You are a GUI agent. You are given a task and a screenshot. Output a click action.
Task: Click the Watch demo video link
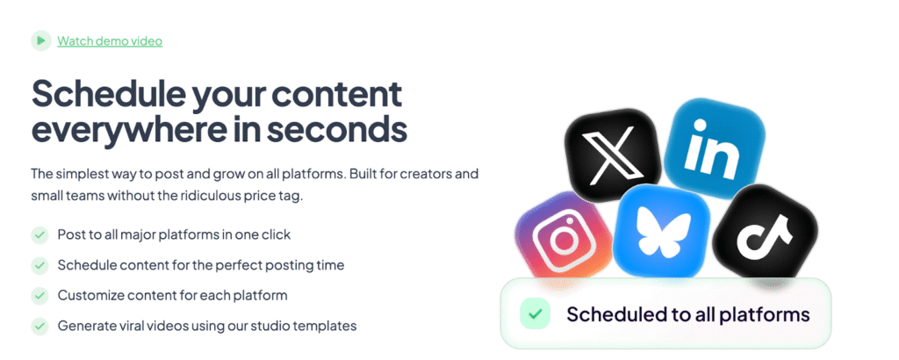[x=110, y=41]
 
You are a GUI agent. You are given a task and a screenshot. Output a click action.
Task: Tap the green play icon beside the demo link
[x=40, y=40]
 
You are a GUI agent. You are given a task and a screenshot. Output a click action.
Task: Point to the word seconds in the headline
[x=336, y=130]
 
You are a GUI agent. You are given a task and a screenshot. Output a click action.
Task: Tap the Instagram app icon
[x=565, y=235]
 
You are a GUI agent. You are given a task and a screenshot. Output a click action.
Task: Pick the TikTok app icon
[x=765, y=233]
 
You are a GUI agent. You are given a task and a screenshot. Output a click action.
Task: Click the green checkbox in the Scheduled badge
[x=535, y=314]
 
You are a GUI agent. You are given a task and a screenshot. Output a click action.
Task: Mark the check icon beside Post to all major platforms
[x=40, y=235]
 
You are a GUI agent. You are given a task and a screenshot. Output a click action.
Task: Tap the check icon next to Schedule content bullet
[x=40, y=265]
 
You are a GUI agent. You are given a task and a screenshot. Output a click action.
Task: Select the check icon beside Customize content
[x=40, y=296]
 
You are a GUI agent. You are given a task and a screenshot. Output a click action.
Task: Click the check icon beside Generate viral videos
[x=40, y=326]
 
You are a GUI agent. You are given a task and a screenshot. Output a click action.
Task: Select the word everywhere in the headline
[x=120, y=130]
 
